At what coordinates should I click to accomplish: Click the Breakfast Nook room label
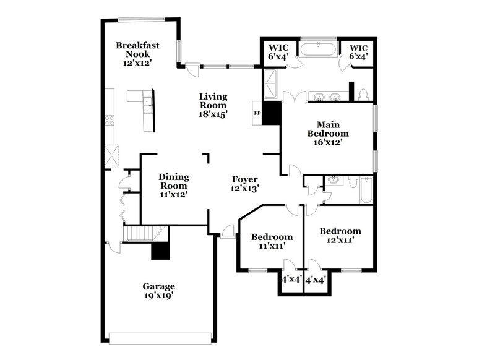[137, 54]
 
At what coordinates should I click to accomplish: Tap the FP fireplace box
[257, 113]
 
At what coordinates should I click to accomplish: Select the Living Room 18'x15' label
[213, 105]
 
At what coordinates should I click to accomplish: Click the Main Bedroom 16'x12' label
[328, 133]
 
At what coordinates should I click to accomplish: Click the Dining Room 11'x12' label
[174, 186]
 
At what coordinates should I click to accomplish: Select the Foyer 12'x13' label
[244, 184]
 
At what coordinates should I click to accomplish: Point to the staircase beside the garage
[141, 234]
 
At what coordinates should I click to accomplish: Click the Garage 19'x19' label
[159, 291]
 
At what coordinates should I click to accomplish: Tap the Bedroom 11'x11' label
[271, 241]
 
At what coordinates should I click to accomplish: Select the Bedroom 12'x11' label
[340, 236]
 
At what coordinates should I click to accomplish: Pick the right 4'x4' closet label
[316, 280]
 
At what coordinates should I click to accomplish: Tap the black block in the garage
[160, 251]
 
